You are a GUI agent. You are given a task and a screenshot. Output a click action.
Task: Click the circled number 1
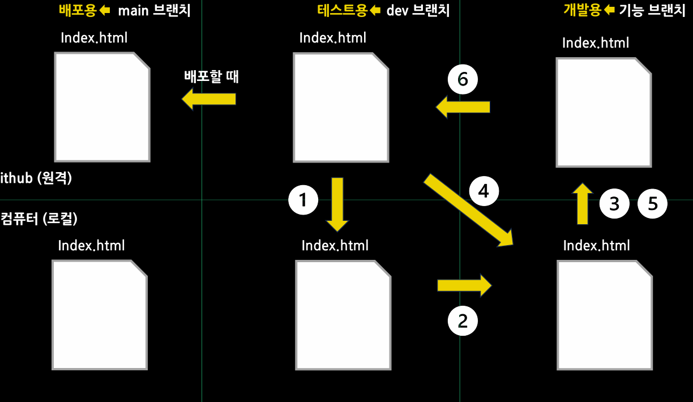pyautogui.click(x=303, y=200)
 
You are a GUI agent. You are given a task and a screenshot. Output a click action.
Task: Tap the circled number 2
pyautogui.click(x=463, y=321)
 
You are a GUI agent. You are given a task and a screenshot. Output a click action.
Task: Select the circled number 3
pyautogui.click(x=614, y=203)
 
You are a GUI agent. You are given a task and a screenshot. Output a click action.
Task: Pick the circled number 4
pyautogui.click(x=484, y=191)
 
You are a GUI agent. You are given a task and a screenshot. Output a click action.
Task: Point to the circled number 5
pyautogui.click(x=653, y=203)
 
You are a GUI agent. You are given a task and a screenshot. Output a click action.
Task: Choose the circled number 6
pyautogui.click(x=463, y=80)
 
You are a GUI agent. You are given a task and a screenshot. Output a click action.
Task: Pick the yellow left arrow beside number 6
pyautogui.click(x=463, y=106)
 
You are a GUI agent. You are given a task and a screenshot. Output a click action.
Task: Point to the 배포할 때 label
pyautogui.click(x=211, y=76)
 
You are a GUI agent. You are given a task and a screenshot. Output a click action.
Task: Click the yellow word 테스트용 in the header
pyautogui.click(x=343, y=10)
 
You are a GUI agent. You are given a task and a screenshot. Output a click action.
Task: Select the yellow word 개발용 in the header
pyautogui.click(x=582, y=10)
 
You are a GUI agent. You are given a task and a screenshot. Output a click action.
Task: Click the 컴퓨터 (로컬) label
pyautogui.click(x=39, y=219)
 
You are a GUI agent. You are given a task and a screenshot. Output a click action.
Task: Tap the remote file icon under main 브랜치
pyautogui.click(x=102, y=107)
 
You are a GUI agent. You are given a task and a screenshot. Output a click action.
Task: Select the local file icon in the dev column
pyautogui.click(x=343, y=315)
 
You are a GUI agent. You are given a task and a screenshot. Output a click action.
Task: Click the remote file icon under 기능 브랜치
pyautogui.click(x=604, y=112)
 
